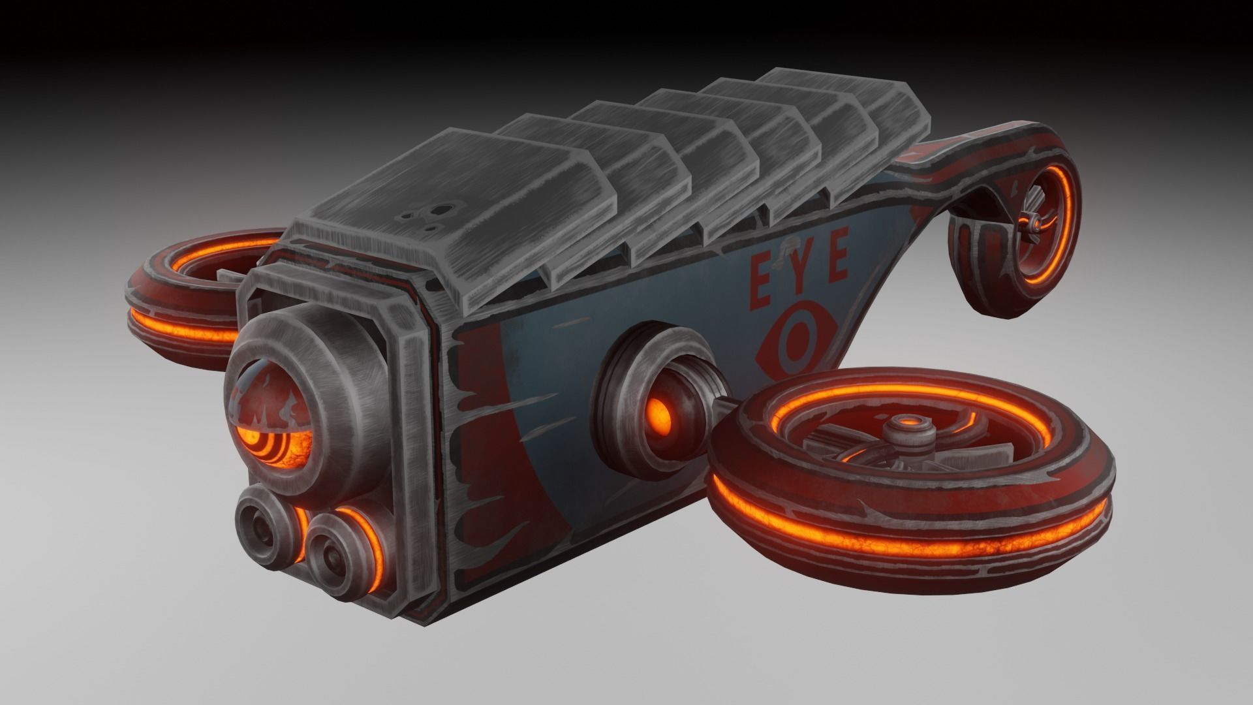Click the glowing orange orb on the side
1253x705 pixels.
[661, 413]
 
